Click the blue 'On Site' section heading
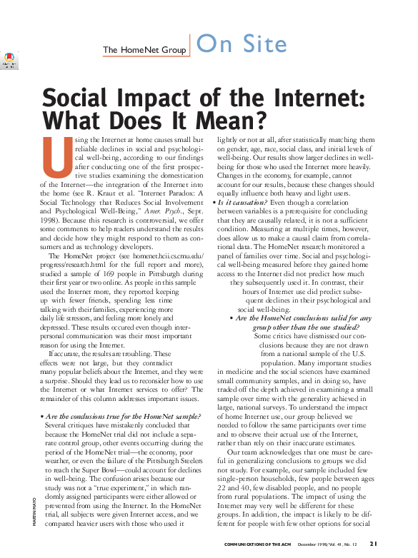241,44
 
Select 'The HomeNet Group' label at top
144,50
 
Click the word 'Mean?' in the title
228,118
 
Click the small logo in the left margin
9,60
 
